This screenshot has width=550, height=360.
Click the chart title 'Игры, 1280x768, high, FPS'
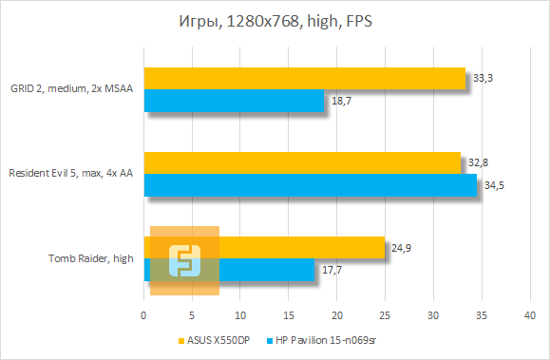(x=275, y=22)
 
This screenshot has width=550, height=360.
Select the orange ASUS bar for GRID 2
(x=304, y=78)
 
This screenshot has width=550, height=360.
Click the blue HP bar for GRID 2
(x=234, y=100)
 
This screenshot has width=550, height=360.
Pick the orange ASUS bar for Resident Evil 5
(x=302, y=162)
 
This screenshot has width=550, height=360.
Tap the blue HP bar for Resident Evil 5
(x=310, y=185)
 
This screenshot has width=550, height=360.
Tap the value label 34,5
(x=494, y=185)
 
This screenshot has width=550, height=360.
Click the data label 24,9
(x=401, y=249)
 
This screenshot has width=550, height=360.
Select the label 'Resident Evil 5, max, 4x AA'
(x=70, y=174)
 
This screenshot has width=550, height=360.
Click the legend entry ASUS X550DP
(x=215, y=339)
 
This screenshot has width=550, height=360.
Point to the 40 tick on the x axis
(x=530, y=313)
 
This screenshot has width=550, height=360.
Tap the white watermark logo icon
(x=184, y=260)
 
